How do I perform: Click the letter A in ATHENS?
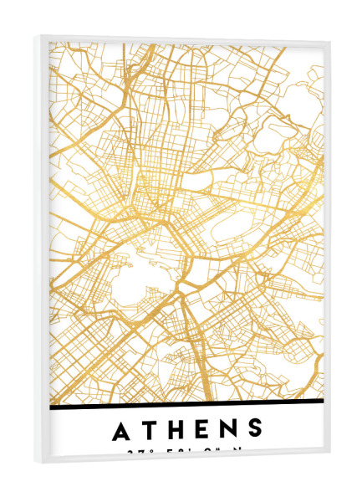tap(122, 431)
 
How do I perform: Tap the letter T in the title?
tap(151, 431)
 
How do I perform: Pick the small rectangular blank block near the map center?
tap(196, 183)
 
